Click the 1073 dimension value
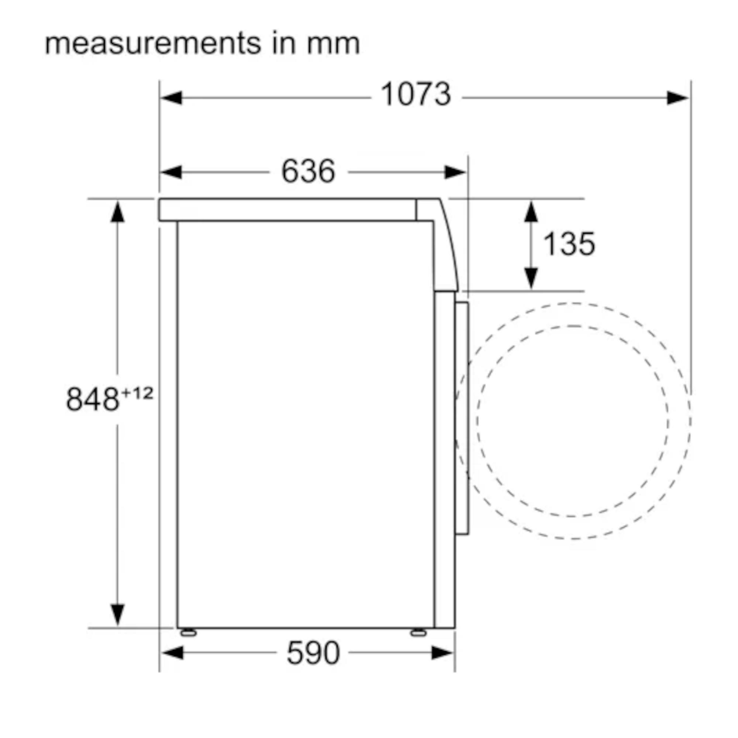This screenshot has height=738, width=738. [416, 94]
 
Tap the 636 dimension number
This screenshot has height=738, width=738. [308, 171]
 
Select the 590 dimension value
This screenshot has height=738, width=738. [313, 653]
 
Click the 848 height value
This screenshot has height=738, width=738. [93, 399]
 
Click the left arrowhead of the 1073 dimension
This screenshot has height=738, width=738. [171, 98]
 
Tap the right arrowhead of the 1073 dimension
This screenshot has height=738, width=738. [677, 98]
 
